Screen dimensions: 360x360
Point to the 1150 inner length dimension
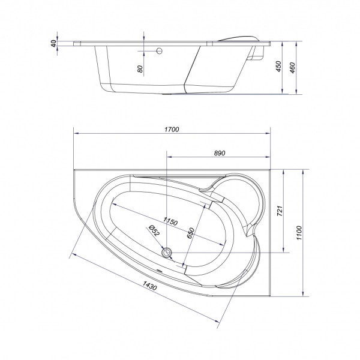point(171,222)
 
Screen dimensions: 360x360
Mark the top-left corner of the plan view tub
point(73,170)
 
